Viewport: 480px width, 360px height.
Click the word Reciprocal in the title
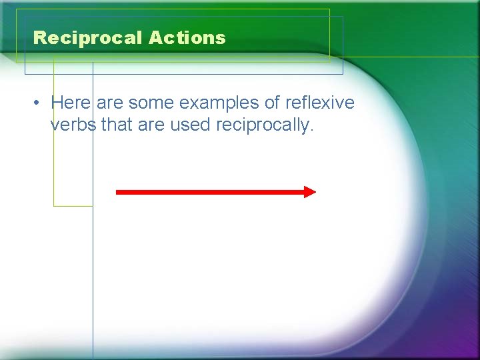pos(89,38)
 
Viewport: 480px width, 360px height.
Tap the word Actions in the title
pos(187,38)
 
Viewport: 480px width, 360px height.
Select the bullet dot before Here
pos(39,103)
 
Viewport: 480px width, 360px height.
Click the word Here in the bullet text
pos(71,103)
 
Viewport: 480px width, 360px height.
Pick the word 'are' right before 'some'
pos(111,103)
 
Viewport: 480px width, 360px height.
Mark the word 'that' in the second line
pos(117,125)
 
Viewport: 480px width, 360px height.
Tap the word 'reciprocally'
pos(262,125)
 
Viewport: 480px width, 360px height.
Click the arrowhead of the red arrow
pos(310,192)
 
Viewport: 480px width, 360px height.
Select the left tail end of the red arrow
pos(118,192)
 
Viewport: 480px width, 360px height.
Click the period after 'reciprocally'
pos(311,130)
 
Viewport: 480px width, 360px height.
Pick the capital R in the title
pos(39,38)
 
